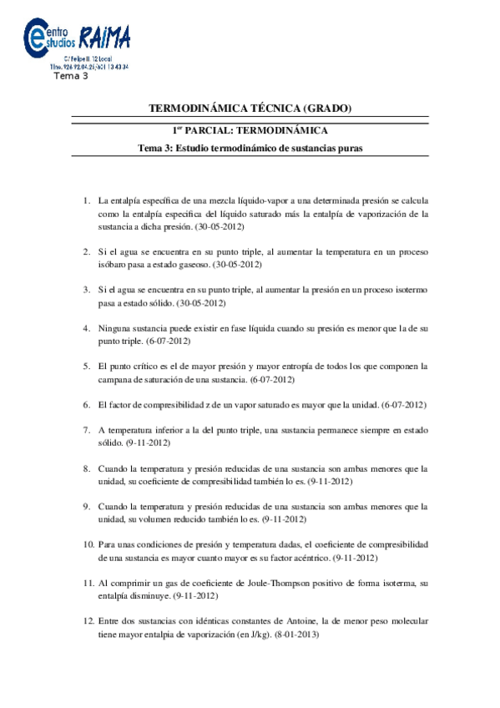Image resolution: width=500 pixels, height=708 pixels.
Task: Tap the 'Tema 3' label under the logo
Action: pyautogui.click(x=70, y=76)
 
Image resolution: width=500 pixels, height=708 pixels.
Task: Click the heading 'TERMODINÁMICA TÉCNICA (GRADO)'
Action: pyautogui.click(x=250, y=109)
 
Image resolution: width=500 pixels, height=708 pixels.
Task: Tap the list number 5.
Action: pyautogui.click(x=86, y=367)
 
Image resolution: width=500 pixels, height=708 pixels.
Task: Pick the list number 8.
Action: pyautogui.click(x=86, y=469)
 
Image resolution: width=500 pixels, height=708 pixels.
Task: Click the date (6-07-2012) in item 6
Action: pyautogui.click(x=403, y=405)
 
